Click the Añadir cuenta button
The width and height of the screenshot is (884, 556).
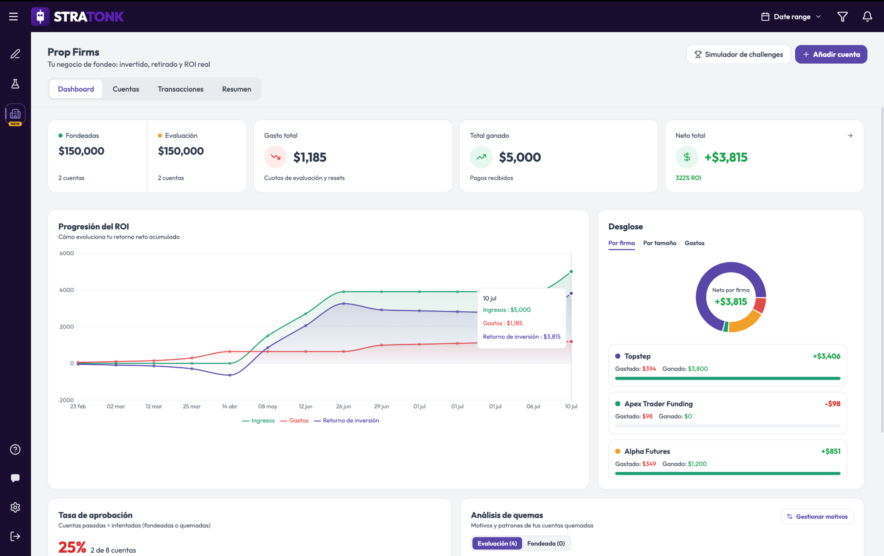pos(831,54)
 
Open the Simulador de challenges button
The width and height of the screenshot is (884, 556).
pos(739,54)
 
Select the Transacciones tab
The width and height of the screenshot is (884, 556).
pos(180,89)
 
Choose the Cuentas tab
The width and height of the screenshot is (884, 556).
pos(126,89)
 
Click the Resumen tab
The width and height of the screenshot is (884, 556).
pos(237,89)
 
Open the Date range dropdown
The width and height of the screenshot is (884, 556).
pos(791,17)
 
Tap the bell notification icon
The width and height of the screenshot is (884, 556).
pos(867,17)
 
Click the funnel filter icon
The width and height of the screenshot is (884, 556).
pos(842,17)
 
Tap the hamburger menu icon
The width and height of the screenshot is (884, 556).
pos(13,17)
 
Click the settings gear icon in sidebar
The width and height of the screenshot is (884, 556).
pos(15,507)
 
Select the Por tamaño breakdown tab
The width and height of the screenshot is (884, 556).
pos(659,243)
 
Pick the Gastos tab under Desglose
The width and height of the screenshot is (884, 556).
pos(694,243)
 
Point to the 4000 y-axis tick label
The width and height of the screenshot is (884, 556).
pos(66,290)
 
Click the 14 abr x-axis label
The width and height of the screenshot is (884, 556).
pos(229,406)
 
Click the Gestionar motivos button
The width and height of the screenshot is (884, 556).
pos(817,516)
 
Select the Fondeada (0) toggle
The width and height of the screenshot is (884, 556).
pos(546,544)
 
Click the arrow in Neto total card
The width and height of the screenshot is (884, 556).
pos(850,135)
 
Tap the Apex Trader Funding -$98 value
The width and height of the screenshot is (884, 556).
pos(832,404)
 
